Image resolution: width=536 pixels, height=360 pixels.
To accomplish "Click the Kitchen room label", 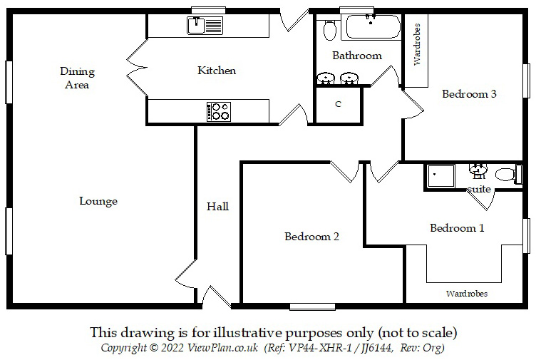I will coord(216,71).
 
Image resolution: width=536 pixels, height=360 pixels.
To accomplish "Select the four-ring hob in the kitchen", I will coord(219,111).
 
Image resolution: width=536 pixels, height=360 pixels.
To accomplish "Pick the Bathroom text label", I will coord(357,56).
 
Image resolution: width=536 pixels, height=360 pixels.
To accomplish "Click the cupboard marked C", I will coord(339,104).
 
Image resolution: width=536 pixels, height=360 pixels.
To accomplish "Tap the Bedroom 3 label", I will coord(468,93).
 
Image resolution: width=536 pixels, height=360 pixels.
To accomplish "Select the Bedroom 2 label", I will coord(311,236).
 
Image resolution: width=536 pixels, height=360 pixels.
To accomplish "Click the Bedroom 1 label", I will coord(457,228).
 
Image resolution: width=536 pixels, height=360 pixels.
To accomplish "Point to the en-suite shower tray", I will coord(440,176).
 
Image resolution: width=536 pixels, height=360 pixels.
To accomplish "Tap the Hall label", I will coord(217,207).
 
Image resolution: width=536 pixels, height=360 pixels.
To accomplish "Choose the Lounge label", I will coord(98,201).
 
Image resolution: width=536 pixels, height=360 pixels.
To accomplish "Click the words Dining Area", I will coord(77,78).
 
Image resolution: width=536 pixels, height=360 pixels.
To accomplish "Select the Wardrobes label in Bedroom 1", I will coord(467,293).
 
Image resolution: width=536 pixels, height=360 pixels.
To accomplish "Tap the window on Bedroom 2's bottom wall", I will coord(312,307).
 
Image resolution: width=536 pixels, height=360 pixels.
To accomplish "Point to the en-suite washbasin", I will coord(477,171).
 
